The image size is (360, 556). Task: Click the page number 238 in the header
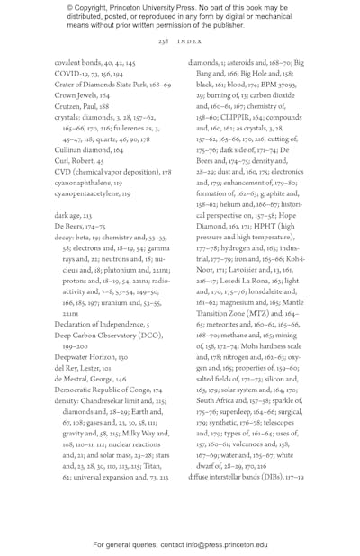(x=163, y=41)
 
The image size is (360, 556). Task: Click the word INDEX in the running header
(x=188, y=41)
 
